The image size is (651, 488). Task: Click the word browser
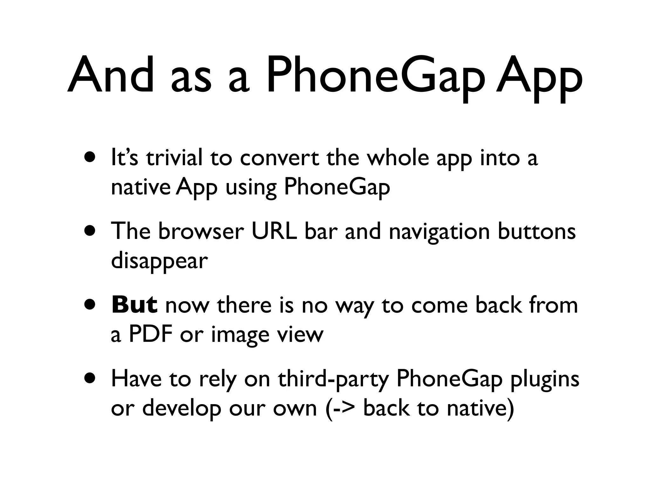pos(201,231)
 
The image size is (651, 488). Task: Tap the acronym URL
pos(274,231)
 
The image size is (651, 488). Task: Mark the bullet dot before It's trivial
pos(90,158)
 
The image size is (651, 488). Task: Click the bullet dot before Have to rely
pos(90,378)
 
